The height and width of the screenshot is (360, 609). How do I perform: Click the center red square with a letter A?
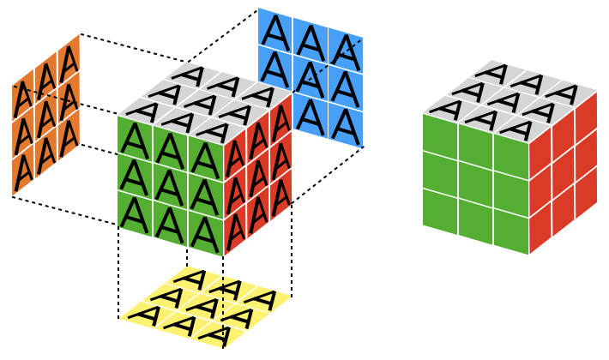coord(258,168)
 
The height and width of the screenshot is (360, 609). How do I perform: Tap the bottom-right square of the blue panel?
coord(346,125)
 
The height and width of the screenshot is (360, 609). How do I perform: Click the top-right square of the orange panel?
coord(69,61)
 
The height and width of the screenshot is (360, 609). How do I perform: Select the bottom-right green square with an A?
coord(206,236)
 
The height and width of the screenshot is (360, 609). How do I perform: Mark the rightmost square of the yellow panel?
coord(267,299)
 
